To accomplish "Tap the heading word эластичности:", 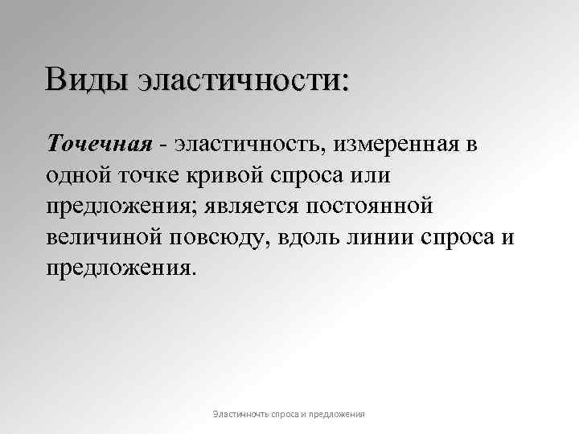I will pyautogui.click(x=244, y=81).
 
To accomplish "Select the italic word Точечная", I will pyautogui.click(x=99, y=145).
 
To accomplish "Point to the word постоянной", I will pyautogui.click(x=369, y=205).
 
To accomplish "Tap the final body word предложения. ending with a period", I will pyautogui.click(x=121, y=267).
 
